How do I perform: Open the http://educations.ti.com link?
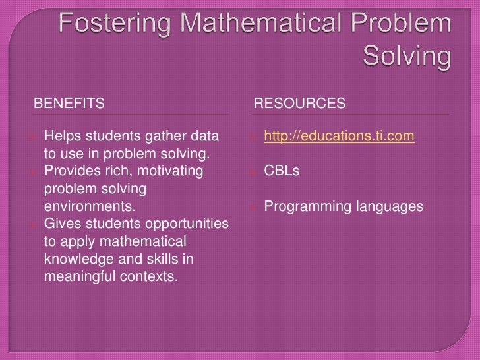(339, 136)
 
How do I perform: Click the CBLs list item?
(282, 171)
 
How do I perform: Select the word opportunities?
(189, 224)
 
